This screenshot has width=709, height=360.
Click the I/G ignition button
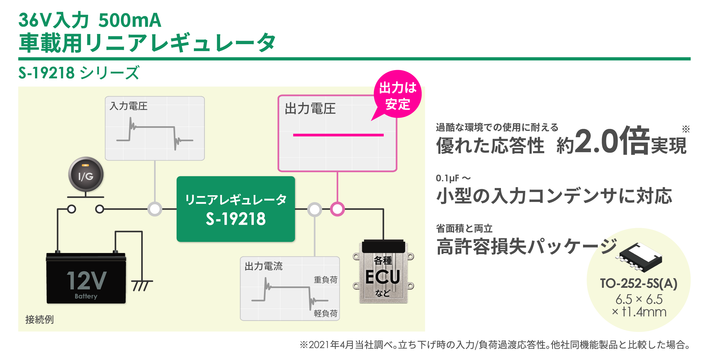(86, 174)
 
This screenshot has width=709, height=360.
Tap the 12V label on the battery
(86, 281)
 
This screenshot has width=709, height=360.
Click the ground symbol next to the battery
(142, 285)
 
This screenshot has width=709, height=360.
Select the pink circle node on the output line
(337, 209)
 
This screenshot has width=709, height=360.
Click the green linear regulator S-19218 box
(236, 209)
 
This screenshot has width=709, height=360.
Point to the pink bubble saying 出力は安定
(397, 95)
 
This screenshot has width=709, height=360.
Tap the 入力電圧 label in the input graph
(128, 106)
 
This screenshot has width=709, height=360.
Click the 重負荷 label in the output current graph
(325, 280)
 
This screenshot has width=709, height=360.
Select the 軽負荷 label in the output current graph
(325, 313)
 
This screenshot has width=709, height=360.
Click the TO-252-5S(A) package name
(639, 284)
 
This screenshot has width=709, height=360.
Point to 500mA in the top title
(130, 20)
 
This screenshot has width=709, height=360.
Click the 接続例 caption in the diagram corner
(39, 320)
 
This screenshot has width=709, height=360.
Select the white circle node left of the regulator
(155, 209)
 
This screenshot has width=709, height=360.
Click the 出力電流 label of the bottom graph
(263, 266)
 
